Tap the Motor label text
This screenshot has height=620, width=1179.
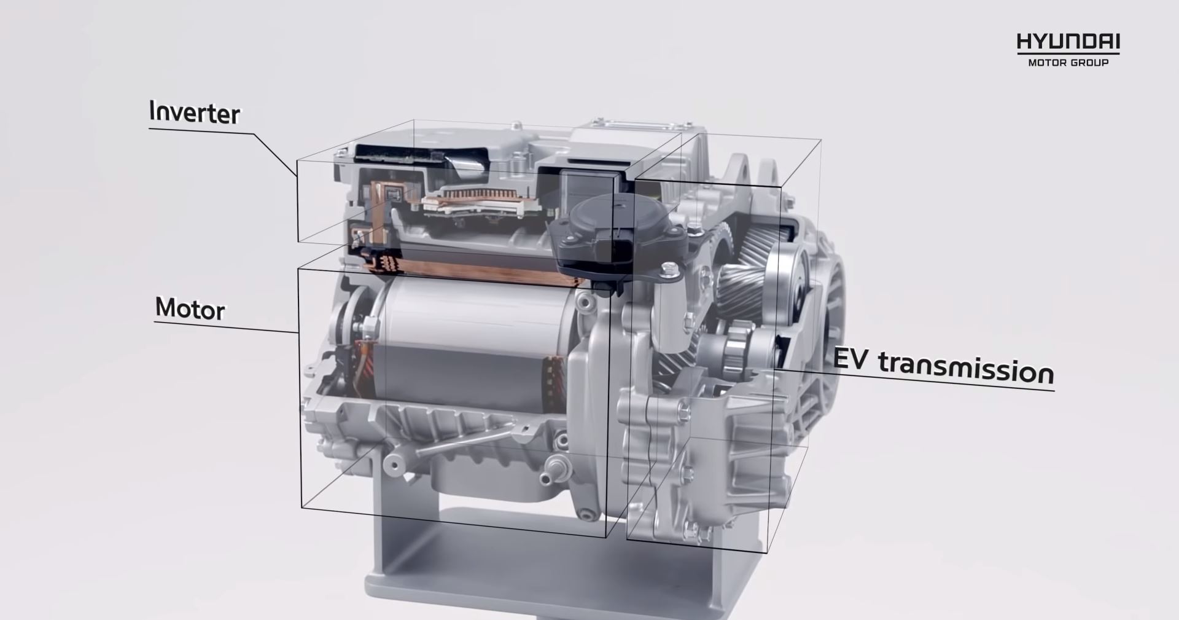pos(190,308)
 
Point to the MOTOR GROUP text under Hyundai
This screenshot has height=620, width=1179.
pos(1068,62)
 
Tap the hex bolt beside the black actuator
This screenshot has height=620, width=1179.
pos(670,269)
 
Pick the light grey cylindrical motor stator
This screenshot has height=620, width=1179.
pos(476,347)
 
